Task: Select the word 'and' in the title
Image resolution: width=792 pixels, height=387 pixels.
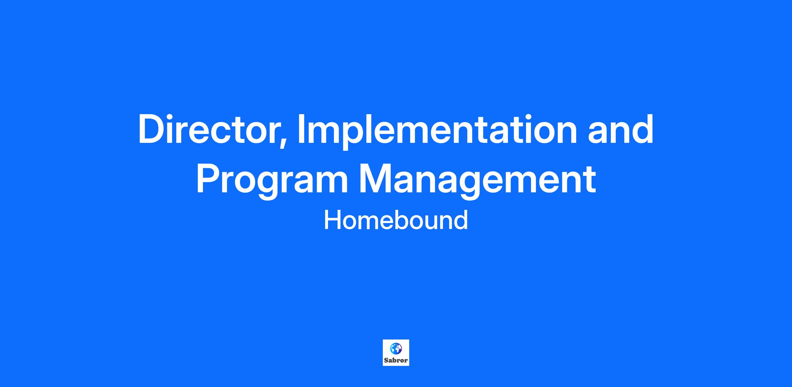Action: click(620, 129)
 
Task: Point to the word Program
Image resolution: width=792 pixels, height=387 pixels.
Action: click(272, 181)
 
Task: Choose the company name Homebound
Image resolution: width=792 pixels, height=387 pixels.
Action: click(396, 220)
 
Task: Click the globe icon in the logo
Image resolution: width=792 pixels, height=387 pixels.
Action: click(396, 348)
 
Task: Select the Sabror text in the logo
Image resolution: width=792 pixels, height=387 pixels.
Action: click(396, 360)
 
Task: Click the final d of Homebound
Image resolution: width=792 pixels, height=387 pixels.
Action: click(461, 220)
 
